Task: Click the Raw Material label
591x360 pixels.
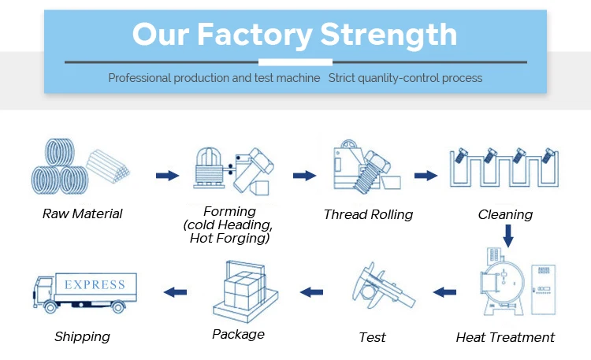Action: (82, 214)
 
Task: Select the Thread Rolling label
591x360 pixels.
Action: (368, 214)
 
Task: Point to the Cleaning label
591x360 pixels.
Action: (505, 214)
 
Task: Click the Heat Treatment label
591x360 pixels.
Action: (505, 337)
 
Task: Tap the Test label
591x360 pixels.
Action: (372, 337)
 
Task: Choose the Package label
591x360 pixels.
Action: (238, 334)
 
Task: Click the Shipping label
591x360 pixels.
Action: (82, 336)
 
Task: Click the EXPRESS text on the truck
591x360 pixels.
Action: (95, 284)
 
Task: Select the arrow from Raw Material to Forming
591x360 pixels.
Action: (167, 176)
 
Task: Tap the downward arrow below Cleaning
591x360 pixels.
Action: (508, 234)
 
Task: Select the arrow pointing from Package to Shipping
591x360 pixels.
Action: (174, 292)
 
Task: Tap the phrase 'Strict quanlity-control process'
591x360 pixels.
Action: (405, 78)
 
